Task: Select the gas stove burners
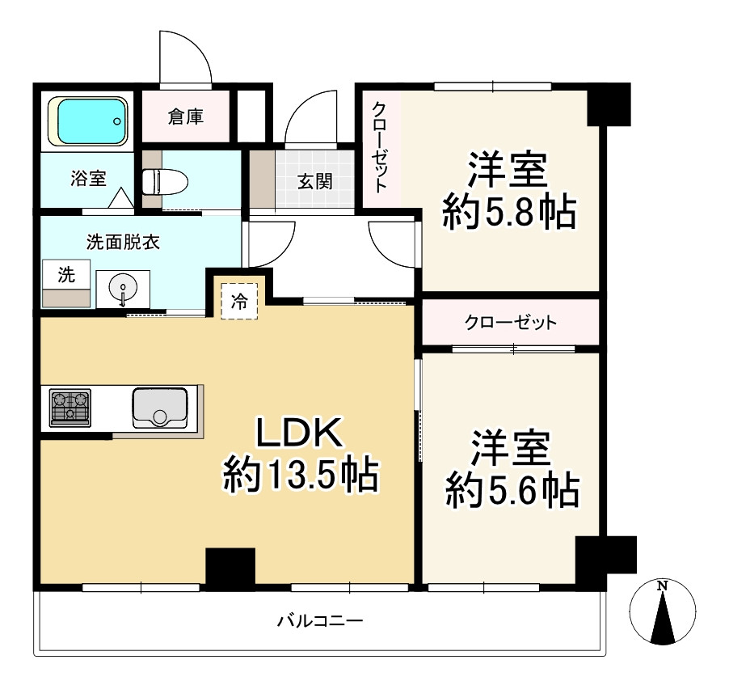tap(70, 408)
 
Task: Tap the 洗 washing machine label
tap(65, 275)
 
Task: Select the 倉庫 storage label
tap(185, 117)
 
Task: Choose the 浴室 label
tap(88, 179)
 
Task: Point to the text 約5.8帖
tap(508, 214)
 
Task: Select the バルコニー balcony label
tap(320, 621)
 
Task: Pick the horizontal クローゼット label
tap(510, 323)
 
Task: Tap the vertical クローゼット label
tap(379, 146)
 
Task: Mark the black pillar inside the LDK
tap(230, 568)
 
